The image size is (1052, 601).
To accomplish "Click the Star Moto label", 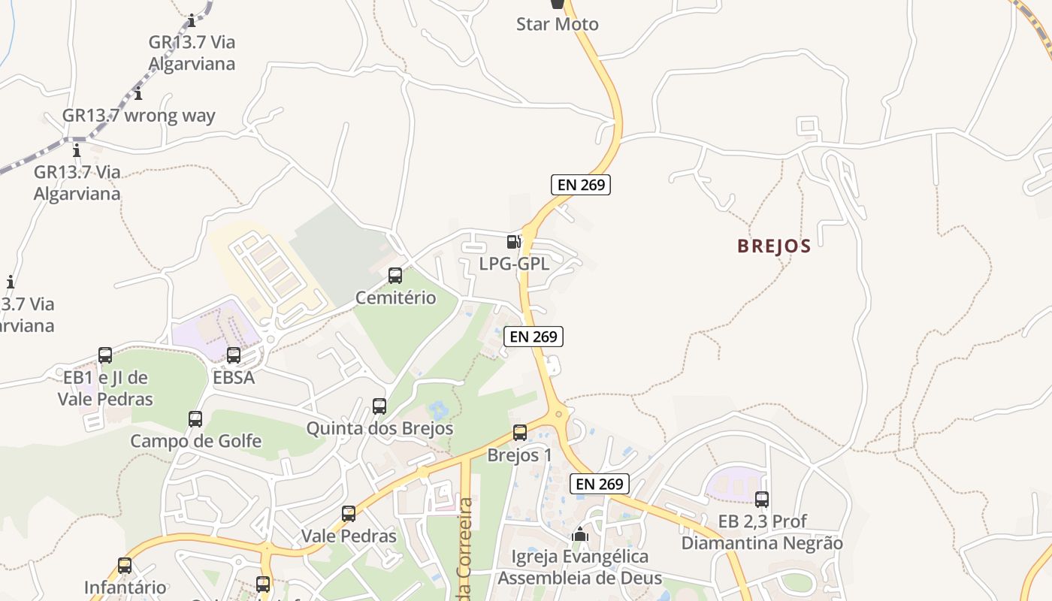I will [x=557, y=24].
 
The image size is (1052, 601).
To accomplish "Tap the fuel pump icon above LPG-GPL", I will [x=514, y=241].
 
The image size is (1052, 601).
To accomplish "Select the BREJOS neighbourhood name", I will [x=774, y=246].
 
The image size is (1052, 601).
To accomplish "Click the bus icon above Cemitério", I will [x=395, y=276].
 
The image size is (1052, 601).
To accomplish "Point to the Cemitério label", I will [x=395, y=297].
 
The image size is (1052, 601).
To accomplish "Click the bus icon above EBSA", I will [x=234, y=355].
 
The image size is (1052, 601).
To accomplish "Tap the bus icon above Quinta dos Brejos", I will [x=379, y=406].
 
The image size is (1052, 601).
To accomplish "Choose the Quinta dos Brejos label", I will [x=379, y=428].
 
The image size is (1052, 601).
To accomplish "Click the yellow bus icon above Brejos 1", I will [x=520, y=433].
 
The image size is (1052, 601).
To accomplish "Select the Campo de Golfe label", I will [x=195, y=441].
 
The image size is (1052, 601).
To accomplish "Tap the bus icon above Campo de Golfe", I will [x=195, y=419].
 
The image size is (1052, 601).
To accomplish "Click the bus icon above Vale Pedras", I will [x=349, y=514].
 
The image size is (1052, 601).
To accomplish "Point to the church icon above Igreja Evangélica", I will [x=579, y=534].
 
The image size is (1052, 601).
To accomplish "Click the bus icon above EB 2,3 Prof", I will [x=762, y=499].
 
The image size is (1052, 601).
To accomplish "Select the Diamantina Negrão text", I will [x=762, y=542].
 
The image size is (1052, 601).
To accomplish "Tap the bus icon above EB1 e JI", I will [x=105, y=355].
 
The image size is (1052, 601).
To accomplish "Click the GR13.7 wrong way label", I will [x=138, y=116].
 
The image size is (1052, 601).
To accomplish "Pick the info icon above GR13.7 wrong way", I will [x=138, y=94].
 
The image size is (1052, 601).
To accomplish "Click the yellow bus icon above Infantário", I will [x=125, y=566].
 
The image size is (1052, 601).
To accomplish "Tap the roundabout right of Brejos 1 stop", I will [x=558, y=414].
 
